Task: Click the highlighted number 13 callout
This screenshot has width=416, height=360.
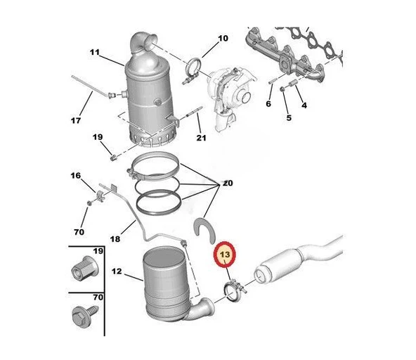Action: coord(225,255)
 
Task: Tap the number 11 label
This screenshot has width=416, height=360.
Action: coord(94,52)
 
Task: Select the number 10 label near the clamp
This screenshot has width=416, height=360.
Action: coord(223,38)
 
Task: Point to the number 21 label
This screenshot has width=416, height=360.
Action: coord(201,138)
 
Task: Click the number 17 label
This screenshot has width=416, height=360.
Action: coord(76,120)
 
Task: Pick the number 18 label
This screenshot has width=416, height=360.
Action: coord(115,239)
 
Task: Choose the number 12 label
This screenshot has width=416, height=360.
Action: coord(117,271)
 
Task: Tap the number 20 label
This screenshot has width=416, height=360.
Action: coord(228,183)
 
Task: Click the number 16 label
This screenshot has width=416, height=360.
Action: coord(76,176)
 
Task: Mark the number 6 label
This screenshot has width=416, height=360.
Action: coord(268,103)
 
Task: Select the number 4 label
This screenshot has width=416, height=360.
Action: coord(304,105)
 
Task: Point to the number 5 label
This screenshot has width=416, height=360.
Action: coord(289,117)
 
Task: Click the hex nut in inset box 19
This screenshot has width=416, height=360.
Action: coord(85,269)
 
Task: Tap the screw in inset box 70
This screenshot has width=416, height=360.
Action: coord(85,316)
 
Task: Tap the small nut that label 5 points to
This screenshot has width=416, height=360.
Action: coord(282,89)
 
